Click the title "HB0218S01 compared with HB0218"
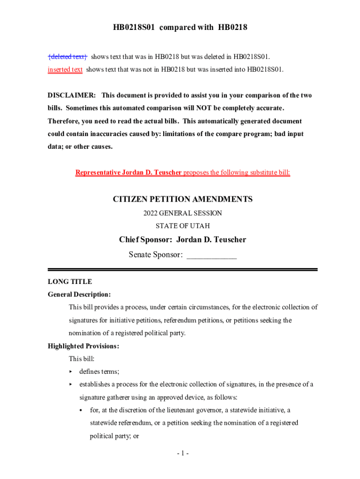[x=180, y=28]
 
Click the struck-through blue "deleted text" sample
[x=68, y=57]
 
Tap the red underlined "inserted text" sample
[x=65, y=70]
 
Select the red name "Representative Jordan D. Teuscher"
[x=129, y=173]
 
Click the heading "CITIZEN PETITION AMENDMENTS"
[x=183, y=199]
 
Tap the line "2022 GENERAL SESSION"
[x=183, y=213]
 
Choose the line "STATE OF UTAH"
[x=183, y=226]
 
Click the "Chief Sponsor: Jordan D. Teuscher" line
[x=183, y=240]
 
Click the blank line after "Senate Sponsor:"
[x=211, y=255]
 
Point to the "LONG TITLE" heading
[x=70, y=282]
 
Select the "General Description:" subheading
[x=79, y=295]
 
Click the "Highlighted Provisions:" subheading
[x=83, y=346]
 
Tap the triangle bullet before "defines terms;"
[x=71, y=372]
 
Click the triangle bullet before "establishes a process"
[x=71, y=385]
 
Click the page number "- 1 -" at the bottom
[x=182, y=453]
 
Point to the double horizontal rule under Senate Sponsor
[x=183, y=269]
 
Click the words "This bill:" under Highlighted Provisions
[x=82, y=359]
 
